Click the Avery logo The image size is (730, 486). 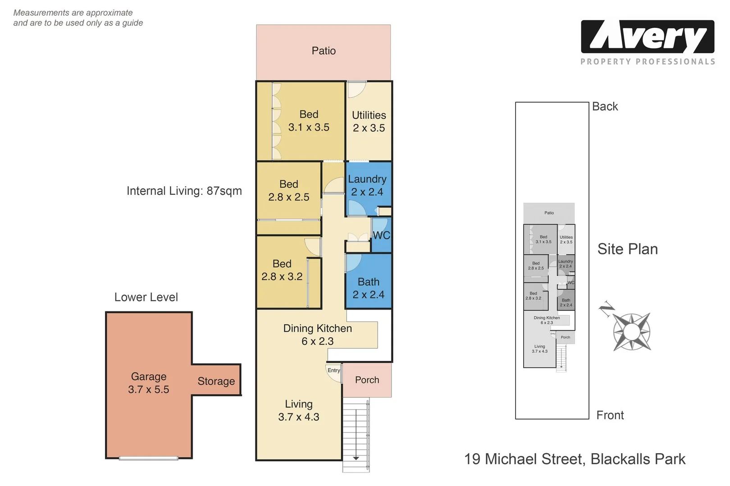pos(648,37)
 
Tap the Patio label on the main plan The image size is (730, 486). pos(324,51)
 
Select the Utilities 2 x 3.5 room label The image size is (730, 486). pos(369,121)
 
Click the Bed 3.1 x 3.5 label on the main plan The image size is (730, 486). pos(309,121)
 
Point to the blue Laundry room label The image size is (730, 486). pos(367,185)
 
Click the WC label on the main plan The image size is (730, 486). pos(381,235)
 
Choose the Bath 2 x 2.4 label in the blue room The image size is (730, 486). pos(368,288)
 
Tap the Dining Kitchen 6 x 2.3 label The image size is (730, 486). pos(317,335)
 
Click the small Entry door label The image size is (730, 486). pos(333,370)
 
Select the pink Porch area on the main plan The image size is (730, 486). pos(367,380)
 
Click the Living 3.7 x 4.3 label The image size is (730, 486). pos(298,410)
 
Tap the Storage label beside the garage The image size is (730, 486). pos(216,381)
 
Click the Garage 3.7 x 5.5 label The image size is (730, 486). pos(148,383)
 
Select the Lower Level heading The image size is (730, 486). pos(146,297)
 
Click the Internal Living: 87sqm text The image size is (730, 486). pos(184,191)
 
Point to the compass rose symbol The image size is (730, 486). pos(631,332)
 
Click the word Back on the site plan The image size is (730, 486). pos(605,107)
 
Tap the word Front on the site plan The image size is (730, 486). pos(610,415)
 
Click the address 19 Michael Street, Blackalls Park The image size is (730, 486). pos(575,459)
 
